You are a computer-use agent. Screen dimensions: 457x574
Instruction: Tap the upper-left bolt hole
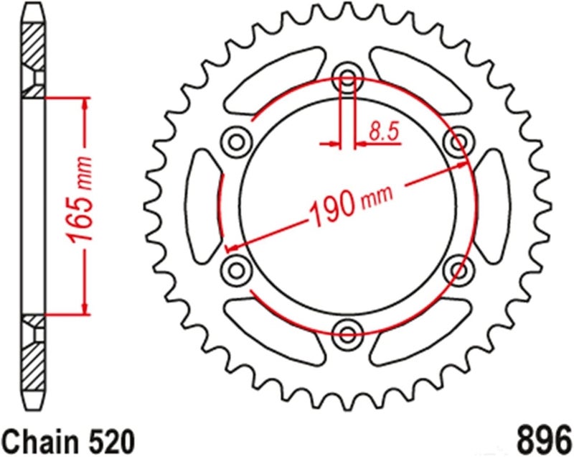coord(235,141)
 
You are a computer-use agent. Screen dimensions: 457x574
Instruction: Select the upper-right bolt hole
coord(456,142)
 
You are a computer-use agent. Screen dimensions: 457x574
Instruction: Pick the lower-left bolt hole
coord(235,269)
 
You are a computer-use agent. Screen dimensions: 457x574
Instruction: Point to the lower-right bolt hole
coord(456,269)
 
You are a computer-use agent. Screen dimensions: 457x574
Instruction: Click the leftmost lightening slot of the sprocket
coord(202,204)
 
